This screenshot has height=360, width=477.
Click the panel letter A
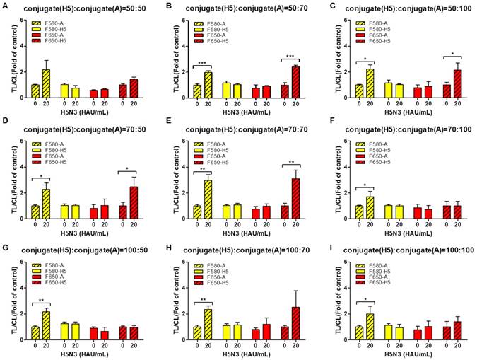pos(5,5)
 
